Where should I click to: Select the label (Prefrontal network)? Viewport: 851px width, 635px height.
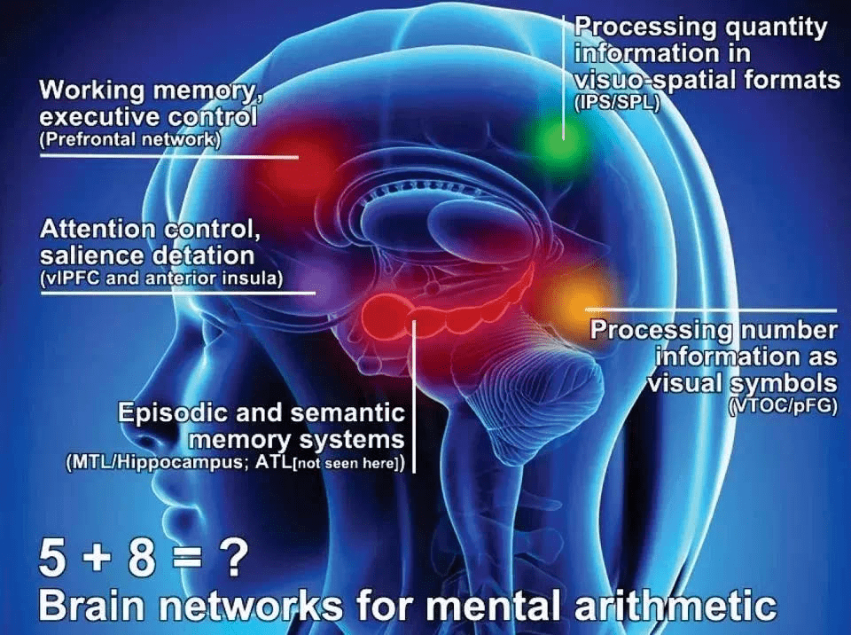[129, 139]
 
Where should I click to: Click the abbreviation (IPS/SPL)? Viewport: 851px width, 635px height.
[617, 103]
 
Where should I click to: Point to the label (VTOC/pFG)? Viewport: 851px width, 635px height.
[783, 406]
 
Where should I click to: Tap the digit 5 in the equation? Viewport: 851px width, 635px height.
[52, 559]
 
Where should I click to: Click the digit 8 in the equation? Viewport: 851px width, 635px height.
[141, 559]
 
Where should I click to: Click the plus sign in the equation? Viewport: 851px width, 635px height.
[98, 560]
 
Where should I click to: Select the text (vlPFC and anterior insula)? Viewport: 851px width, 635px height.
[161, 278]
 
